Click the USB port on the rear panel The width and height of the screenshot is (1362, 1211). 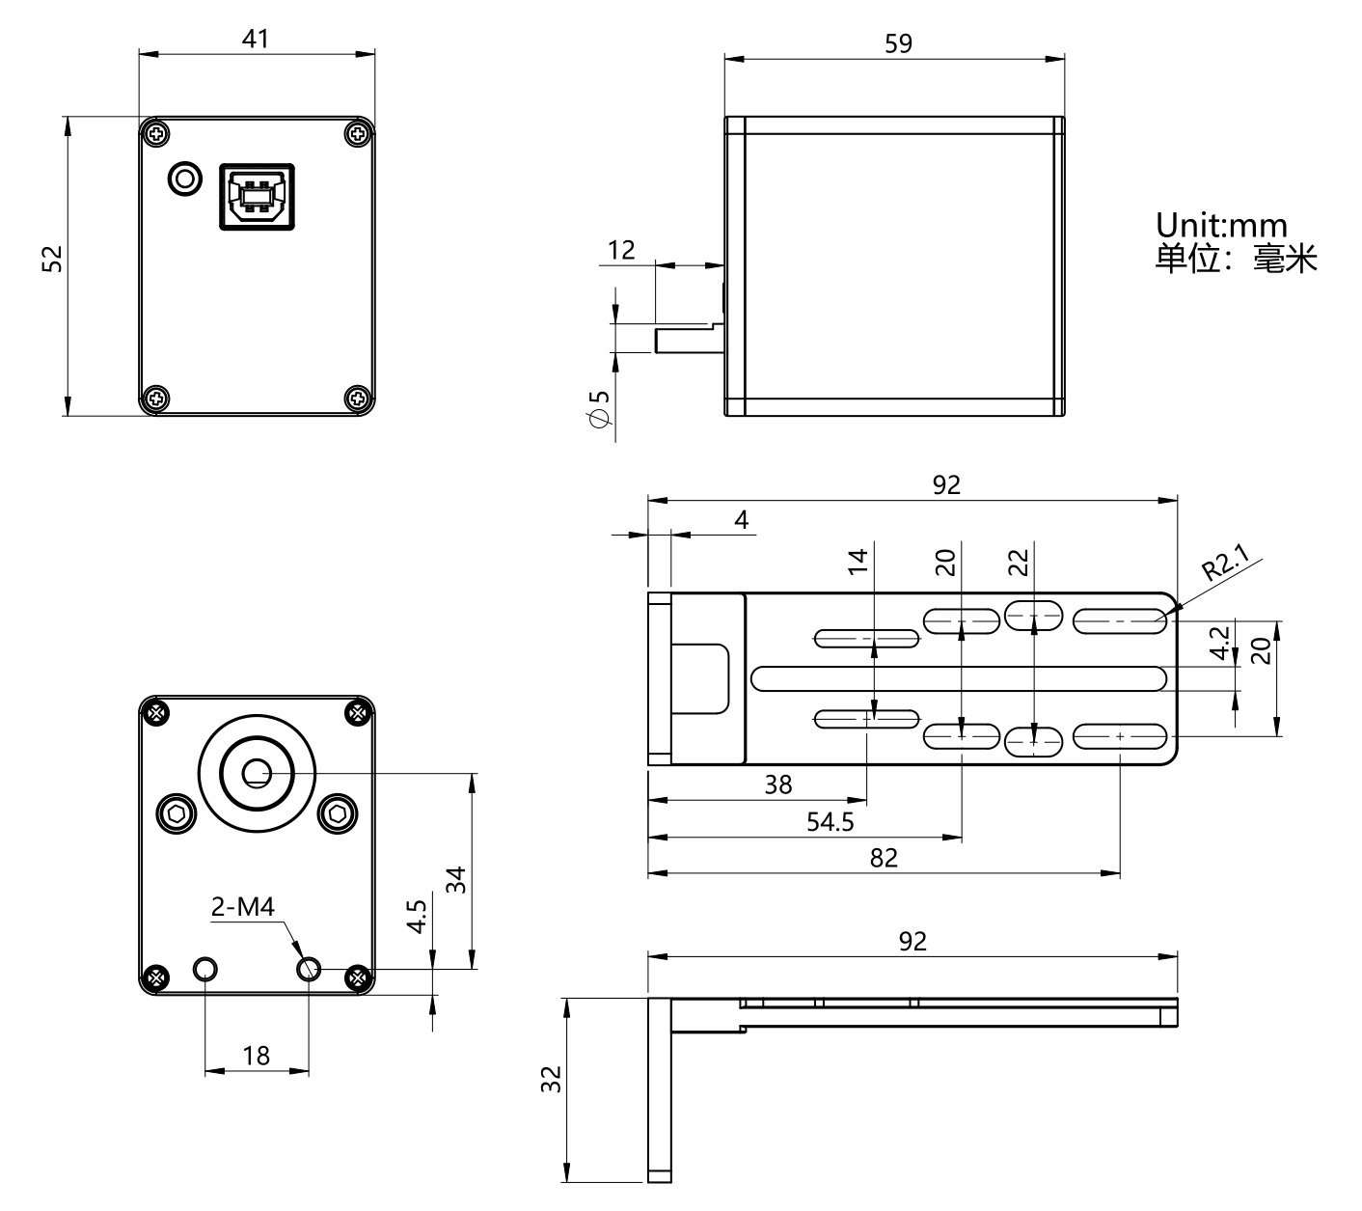point(257,196)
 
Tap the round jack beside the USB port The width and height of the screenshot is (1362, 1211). point(185,179)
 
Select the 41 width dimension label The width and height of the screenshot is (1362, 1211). point(256,39)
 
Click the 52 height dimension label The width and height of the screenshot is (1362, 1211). point(52,259)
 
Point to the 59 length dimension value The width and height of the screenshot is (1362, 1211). point(899,43)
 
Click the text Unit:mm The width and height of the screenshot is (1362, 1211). point(1221,225)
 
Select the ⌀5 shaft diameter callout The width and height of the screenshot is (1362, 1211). point(599,408)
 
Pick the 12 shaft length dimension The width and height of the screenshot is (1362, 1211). point(621,250)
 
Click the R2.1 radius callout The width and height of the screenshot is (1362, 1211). point(1225,563)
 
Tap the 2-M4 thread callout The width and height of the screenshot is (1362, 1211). point(243,907)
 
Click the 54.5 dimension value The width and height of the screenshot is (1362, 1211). point(831,822)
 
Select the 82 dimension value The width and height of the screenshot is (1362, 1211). point(884,858)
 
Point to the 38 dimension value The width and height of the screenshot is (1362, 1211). point(778,784)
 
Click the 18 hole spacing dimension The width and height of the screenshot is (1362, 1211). point(257,1056)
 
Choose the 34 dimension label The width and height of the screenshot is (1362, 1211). point(456,879)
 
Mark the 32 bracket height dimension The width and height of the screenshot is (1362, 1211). point(551,1079)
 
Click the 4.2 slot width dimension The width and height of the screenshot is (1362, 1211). point(1219,643)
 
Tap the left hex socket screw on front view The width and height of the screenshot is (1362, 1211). point(177,815)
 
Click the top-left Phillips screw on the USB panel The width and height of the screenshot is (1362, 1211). point(157,133)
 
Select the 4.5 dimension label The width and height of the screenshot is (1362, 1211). point(417,917)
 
